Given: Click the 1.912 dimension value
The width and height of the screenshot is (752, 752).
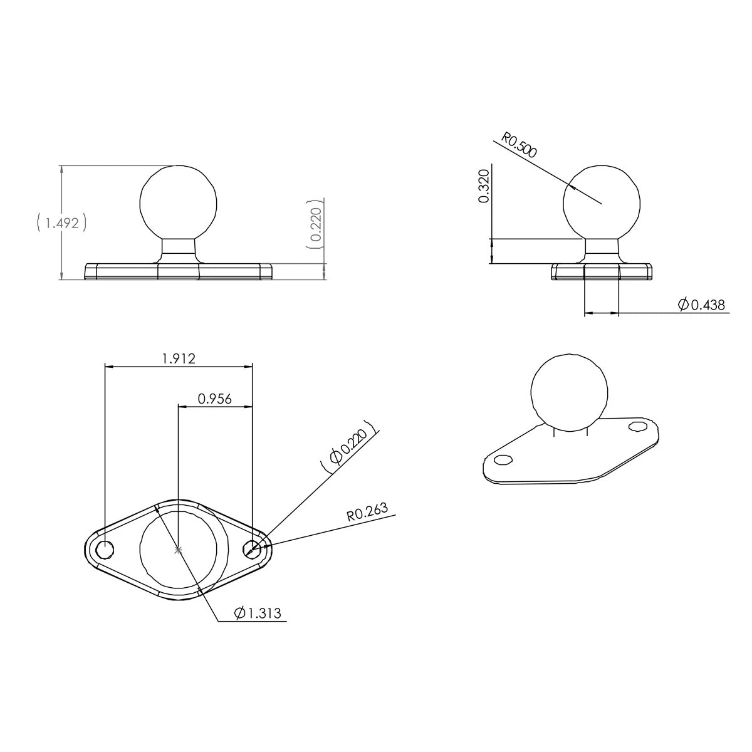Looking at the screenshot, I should (179, 359).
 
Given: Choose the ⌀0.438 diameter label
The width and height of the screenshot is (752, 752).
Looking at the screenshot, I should (701, 305).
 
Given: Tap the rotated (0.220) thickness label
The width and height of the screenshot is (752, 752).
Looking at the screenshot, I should (315, 225).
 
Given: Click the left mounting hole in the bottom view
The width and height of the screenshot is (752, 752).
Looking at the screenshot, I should (105, 549).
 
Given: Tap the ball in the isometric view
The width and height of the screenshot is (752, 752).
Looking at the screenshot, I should (570, 393).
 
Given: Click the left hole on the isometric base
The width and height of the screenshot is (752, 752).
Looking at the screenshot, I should (502, 460).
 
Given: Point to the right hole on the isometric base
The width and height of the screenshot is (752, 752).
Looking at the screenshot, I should (638, 426).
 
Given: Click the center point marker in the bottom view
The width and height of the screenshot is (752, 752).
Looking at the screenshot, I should (179, 550).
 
